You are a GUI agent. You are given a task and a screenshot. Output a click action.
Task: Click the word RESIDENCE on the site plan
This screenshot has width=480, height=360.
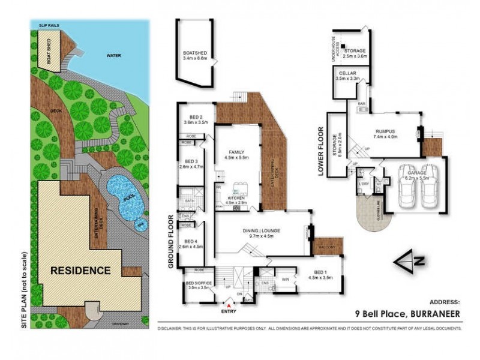click(80, 271)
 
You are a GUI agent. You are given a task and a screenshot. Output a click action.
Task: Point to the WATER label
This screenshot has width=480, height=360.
click(113, 55)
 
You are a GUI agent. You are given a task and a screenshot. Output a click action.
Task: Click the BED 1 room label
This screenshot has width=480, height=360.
click(319, 273)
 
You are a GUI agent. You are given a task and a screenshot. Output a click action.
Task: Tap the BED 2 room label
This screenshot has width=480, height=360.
click(196, 117)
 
